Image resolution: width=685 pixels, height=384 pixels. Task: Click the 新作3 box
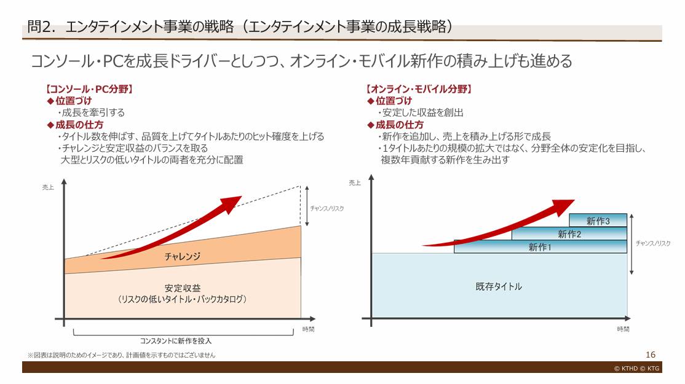pos(598,221)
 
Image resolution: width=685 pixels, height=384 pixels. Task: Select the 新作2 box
pos(569,233)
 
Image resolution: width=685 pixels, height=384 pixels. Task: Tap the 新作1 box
pos(540,247)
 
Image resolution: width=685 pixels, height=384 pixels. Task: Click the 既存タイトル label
pos(499,286)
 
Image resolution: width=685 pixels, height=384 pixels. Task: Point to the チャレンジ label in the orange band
pos(182,256)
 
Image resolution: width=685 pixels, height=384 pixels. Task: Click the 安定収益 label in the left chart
pos(182,288)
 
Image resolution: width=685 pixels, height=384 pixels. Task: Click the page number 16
pos(651,355)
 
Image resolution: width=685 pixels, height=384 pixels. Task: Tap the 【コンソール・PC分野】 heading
pos(89,89)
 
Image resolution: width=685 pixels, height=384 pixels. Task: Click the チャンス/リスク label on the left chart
pos(327,208)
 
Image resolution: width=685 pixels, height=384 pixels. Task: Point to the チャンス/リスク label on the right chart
pos(654,243)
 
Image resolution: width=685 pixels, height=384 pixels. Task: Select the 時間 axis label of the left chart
pos(308,329)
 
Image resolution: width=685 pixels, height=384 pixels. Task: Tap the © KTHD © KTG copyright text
pos(636,368)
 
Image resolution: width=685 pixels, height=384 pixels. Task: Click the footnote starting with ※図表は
pos(121,355)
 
